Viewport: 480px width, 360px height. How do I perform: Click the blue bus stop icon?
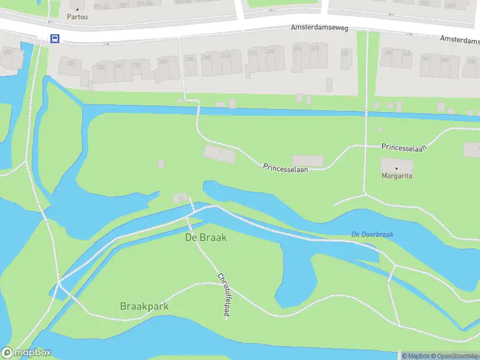55,39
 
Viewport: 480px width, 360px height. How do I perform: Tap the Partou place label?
77,17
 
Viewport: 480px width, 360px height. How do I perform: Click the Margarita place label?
397,176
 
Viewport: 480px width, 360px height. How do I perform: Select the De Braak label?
206,237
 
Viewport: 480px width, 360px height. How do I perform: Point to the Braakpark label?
144,306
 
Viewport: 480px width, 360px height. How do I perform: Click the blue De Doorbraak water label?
372,234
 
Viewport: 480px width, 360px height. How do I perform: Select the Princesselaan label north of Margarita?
403,147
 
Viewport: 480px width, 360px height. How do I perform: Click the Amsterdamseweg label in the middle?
316,28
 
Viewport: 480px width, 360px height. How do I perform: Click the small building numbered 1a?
179,197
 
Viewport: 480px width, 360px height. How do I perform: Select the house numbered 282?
8,53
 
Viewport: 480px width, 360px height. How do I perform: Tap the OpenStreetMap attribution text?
455,356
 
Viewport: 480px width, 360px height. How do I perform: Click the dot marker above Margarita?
397,168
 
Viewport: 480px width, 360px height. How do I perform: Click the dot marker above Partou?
77,8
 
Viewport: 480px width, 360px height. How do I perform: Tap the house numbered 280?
70,64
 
